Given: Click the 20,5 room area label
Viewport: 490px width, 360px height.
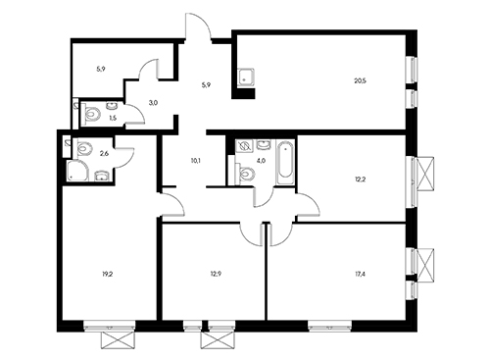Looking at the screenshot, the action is [x=360, y=80].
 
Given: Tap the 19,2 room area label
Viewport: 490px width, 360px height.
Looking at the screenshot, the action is [x=108, y=275].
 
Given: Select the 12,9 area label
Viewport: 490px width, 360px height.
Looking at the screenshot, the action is [x=216, y=275].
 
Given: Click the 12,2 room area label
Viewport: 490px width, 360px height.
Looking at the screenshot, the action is [x=360, y=180].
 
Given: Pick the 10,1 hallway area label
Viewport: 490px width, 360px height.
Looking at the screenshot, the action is [x=196, y=161].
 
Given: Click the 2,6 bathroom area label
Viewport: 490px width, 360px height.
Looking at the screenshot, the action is [x=104, y=153].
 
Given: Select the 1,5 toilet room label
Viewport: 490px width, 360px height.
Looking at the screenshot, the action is [x=113, y=119].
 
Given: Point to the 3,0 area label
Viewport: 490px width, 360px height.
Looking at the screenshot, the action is [x=153, y=103].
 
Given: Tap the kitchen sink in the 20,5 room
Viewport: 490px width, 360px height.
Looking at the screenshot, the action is [x=247, y=77].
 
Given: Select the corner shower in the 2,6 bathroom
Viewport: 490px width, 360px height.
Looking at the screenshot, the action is [x=77, y=171].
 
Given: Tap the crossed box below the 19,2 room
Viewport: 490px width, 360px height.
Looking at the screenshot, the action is [x=117, y=340].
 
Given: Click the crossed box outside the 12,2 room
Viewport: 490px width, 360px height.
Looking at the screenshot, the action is [x=426, y=174].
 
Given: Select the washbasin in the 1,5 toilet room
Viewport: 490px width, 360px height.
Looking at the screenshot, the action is [x=113, y=105].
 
